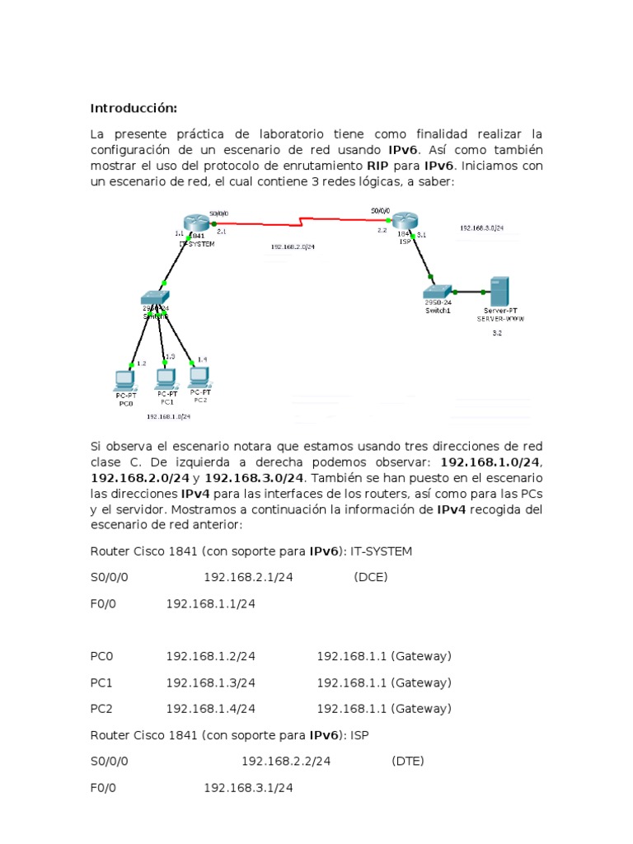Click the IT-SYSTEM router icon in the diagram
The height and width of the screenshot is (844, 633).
click(x=196, y=223)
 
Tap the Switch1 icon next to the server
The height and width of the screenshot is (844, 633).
click(x=437, y=292)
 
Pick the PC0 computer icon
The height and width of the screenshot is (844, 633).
click(x=124, y=380)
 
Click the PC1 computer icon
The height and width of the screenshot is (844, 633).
click(x=166, y=378)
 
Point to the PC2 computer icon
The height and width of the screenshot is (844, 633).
click(x=199, y=377)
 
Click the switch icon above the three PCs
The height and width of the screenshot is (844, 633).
click(x=154, y=298)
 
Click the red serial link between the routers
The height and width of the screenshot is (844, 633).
click(x=302, y=221)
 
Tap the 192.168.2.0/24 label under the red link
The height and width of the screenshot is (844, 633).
click(x=292, y=246)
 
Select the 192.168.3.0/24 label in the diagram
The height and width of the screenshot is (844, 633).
click(x=482, y=227)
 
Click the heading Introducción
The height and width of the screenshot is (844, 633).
click(x=134, y=108)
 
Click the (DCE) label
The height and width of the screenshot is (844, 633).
click(x=370, y=577)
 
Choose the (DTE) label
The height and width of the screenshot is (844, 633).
click(x=408, y=761)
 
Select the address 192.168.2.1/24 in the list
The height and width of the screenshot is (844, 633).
click(x=248, y=577)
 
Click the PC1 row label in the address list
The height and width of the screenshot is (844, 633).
click(x=101, y=682)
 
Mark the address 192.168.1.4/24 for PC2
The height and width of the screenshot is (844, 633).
click(x=210, y=708)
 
